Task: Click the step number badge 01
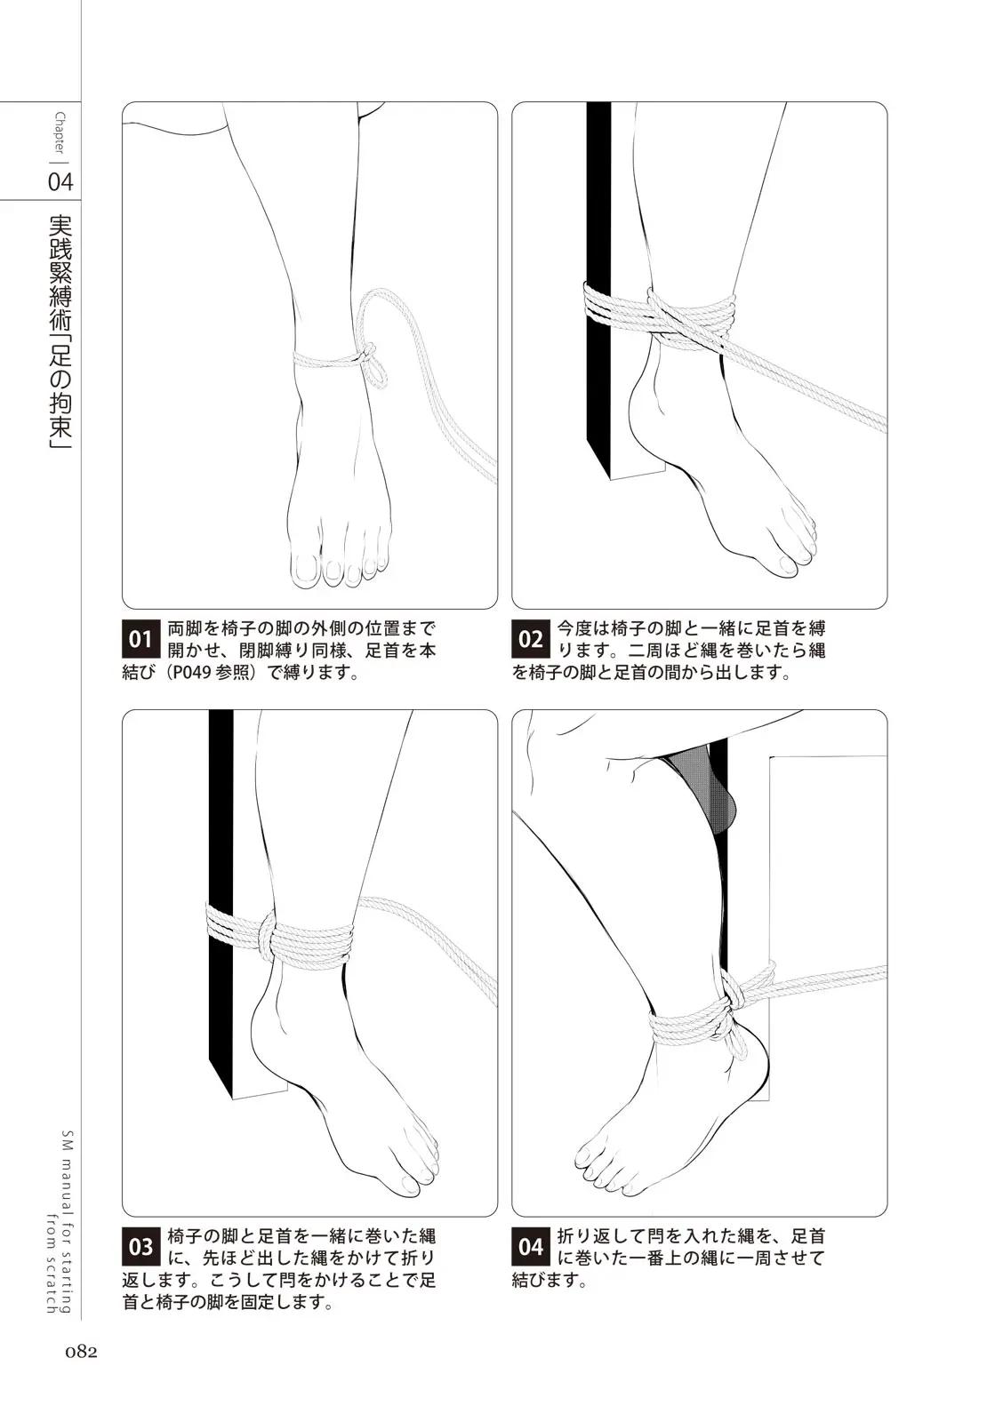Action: pyautogui.click(x=140, y=639)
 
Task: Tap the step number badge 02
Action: pyautogui.click(x=530, y=639)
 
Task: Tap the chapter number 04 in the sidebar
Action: pyautogui.click(x=61, y=183)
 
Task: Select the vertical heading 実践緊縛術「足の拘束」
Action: pyautogui.click(x=60, y=332)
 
